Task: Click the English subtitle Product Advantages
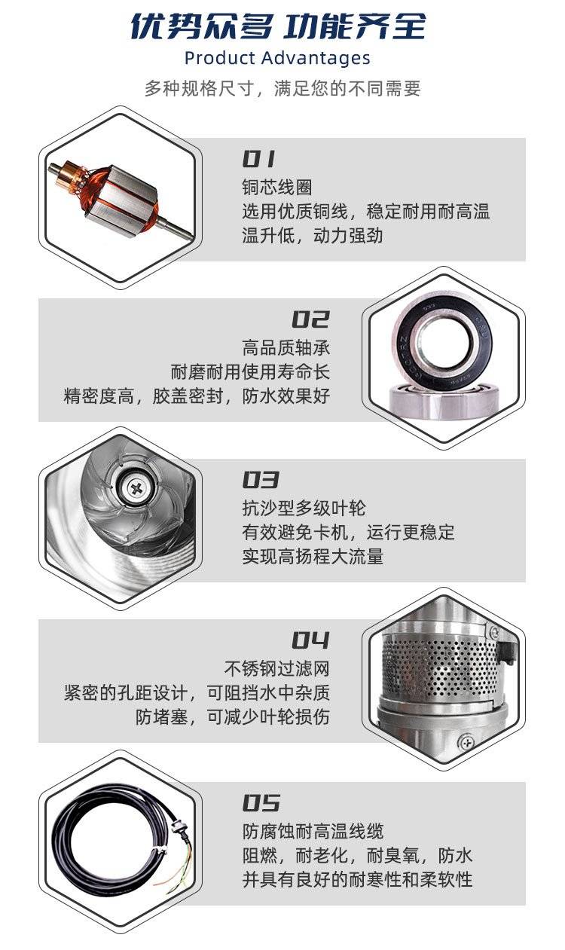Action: tap(277, 58)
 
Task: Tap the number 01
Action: tap(258, 159)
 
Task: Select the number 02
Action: tap(310, 319)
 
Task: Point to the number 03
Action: tap(261, 480)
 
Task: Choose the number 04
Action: tap(310, 640)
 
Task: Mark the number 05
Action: tap(261, 804)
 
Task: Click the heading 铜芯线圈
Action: tap(277, 187)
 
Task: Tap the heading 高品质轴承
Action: tap(286, 348)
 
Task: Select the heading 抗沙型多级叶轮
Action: tap(304, 508)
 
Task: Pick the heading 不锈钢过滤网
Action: tap(277, 669)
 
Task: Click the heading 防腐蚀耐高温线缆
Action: tap(313, 832)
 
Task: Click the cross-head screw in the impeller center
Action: tap(136, 489)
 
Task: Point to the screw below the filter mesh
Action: tap(466, 742)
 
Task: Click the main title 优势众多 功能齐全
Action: tap(278, 26)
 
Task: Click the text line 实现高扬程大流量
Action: tap(313, 557)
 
